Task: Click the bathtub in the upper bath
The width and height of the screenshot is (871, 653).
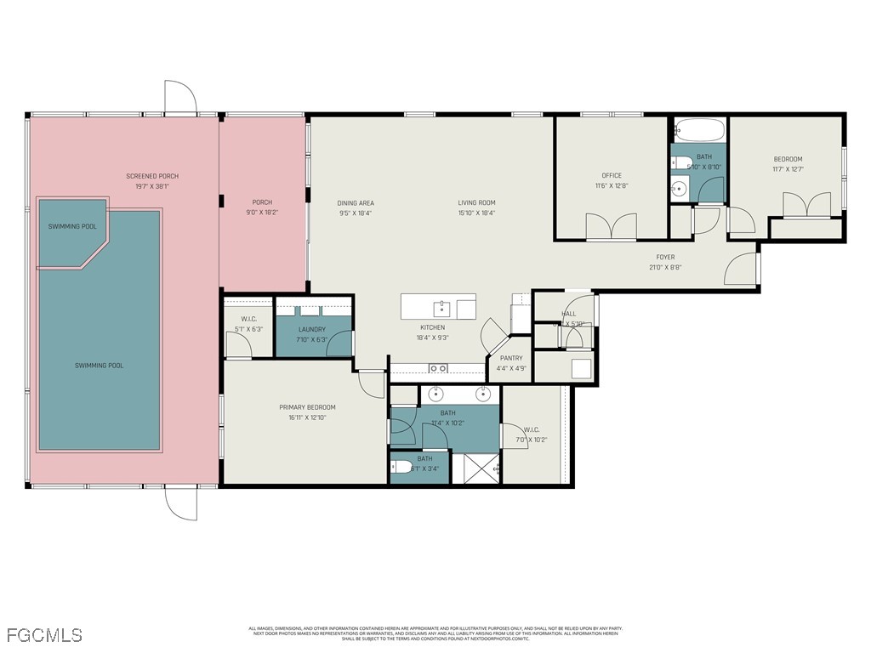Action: pos(698,131)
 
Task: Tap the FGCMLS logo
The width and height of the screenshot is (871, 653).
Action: pos(44,635)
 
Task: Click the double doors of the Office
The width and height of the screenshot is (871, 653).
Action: pos(611,226)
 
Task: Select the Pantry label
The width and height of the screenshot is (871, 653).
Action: pos(510,359)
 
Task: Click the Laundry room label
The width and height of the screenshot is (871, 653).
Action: pos(312,329)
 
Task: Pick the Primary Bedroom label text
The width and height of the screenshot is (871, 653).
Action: pos(307,407)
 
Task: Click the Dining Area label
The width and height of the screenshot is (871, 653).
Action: pos(356,203)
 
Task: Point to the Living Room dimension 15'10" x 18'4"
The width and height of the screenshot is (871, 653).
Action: pos(476,213)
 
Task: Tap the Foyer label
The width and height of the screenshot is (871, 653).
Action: pos(664,257)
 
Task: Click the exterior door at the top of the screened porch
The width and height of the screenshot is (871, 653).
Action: pos(179,97)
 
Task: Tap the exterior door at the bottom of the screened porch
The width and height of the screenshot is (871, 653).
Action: pos(180,503)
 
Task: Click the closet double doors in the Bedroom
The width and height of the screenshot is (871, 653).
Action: pos(806,206)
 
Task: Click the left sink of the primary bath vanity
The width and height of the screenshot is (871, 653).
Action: pos(436,394)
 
